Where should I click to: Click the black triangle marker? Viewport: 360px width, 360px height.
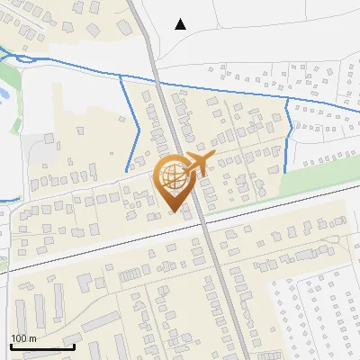point(181,24)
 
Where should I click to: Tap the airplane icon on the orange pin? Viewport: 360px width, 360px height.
point(197,164)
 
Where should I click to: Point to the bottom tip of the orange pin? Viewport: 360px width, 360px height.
point(175,211)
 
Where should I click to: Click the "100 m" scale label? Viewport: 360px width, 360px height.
point(23,337)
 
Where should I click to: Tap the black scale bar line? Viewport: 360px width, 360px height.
point(41,346)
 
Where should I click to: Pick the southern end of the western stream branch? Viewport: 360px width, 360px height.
point(126,171)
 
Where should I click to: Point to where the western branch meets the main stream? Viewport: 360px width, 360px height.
point(121,76)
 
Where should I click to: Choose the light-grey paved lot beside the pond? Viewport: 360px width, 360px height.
point(40,148)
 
